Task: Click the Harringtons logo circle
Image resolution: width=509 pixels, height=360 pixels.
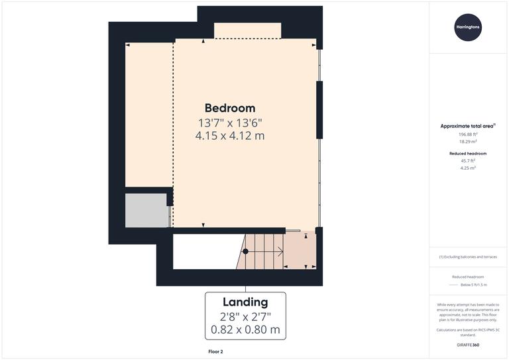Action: (x=468, y=27)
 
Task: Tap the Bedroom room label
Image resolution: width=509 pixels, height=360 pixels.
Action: (x=229, y=108)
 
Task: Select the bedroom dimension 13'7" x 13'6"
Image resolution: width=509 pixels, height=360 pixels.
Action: (x=229, y=123)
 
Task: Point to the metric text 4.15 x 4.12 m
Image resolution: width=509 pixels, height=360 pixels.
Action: (x=229, y=135)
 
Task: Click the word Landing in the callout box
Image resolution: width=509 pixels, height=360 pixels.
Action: (x=245, y=302)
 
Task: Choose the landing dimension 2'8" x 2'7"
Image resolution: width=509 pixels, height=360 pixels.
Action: (x=245, y=316)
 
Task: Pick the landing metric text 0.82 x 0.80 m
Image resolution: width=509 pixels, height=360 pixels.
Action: (x=245, y=330)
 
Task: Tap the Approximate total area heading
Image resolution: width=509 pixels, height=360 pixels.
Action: (x=468, y=125)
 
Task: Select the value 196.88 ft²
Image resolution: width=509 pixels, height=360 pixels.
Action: (x=468, y=134)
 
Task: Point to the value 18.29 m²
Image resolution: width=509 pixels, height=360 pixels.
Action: (x=468, y=142)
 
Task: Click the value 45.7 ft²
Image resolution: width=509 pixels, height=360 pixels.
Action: (x=468, y=160)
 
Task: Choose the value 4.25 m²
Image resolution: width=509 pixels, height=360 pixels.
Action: (x=468, y=168)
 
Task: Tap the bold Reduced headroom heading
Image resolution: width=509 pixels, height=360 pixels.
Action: (x=468, y=153)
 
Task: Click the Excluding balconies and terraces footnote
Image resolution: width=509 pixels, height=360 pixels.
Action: (x=468, y=257)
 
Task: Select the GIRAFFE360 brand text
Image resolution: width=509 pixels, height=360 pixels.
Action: (x=468, y=345)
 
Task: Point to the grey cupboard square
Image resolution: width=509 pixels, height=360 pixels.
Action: (x=146, y=210)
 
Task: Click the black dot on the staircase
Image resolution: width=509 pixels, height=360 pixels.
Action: (x=245, y=251)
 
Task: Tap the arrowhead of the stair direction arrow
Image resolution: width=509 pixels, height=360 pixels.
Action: (x=281, y=251)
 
